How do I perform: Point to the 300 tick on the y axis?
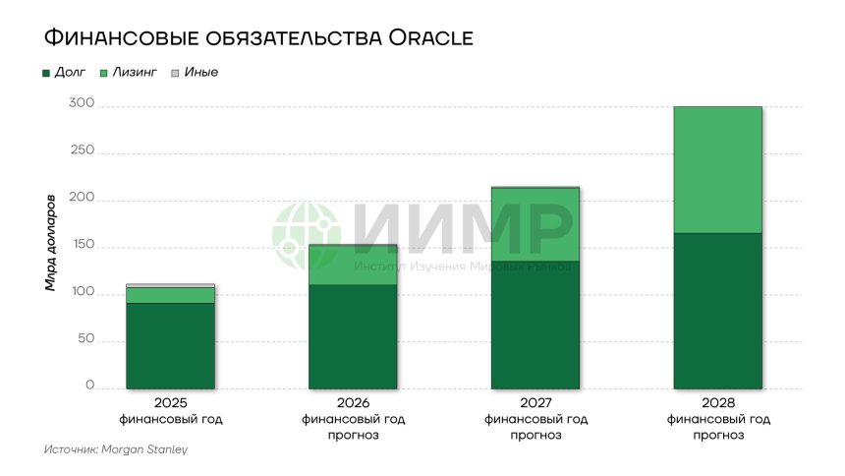[83, 104]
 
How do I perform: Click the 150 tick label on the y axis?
[83, 246]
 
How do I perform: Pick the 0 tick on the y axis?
[89, 387]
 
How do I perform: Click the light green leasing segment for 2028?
[717, 169]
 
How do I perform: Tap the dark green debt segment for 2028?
[717, 310]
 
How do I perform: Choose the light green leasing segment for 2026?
[353, 266]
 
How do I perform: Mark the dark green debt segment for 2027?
[535, 325]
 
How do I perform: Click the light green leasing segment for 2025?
[171, 295]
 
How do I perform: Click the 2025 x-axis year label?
[171, 403]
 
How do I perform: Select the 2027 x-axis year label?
[535, 403]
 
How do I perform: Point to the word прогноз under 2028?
[718, 435]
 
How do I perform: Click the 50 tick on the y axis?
[85, 339]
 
